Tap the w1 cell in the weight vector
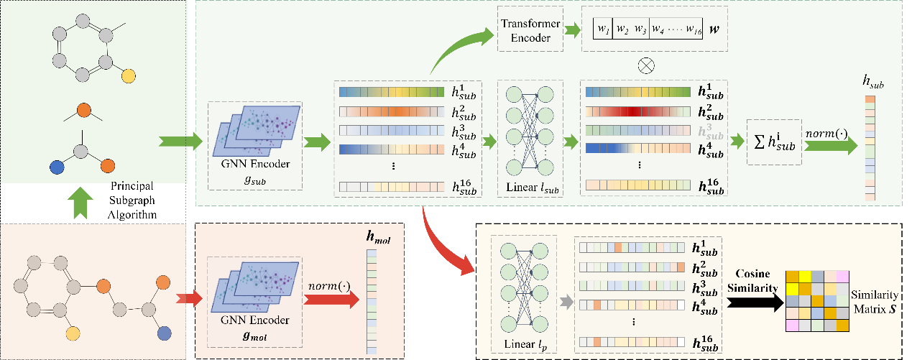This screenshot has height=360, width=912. click(602, 30)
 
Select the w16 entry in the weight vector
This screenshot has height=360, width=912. click(692, 30)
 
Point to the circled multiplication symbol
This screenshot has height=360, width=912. click(647, 64)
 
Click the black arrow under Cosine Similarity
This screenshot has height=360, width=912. click(755, 305)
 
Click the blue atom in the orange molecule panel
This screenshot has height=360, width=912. click(165, 333)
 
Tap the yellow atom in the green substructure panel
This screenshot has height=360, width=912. click(126, 75)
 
